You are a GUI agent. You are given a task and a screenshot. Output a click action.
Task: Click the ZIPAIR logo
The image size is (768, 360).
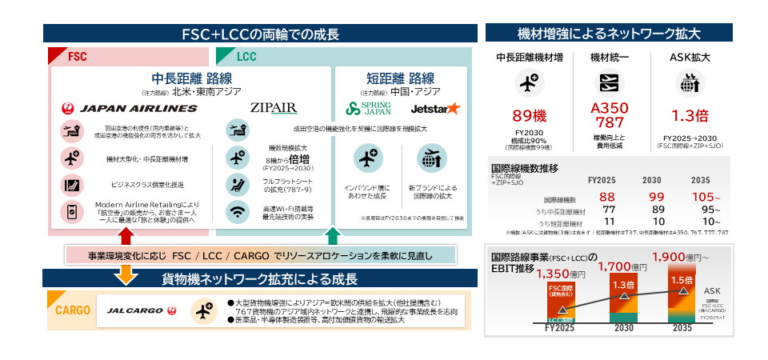pyautogui.click(x=273, y=108)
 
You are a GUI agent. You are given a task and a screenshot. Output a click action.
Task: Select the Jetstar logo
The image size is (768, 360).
pyautogui.click(x=434, y=108)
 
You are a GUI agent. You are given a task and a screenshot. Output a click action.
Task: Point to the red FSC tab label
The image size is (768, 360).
pyautogui.click(x=77, y=57)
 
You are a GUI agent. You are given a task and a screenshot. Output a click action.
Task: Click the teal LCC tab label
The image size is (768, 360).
pyautogui.click(x=246, y=57)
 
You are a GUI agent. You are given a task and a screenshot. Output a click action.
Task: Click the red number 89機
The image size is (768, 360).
pyautogui.click(x=529, y=115)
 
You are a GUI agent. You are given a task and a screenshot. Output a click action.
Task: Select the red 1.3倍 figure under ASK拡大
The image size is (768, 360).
pyautogui.click(x=690, y=115)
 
